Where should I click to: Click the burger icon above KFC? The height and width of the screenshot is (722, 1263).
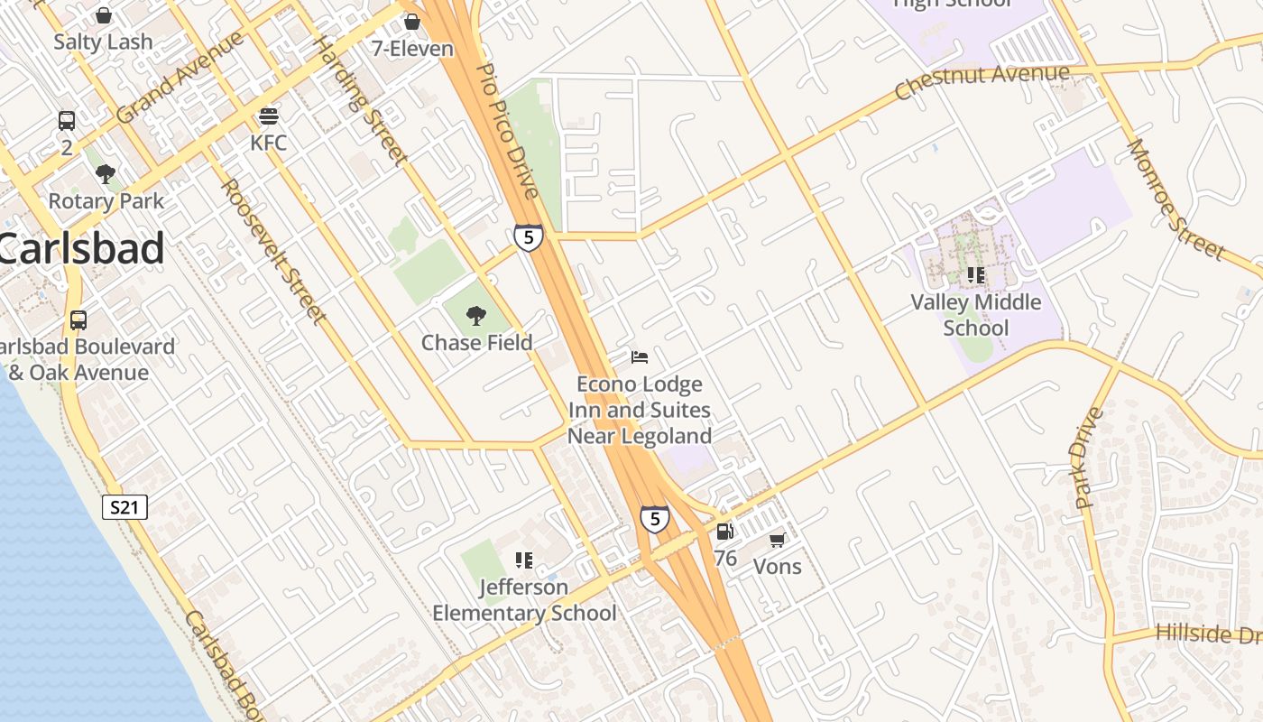click(269, 116)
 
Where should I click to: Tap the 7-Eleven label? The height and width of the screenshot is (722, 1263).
click(412, 48)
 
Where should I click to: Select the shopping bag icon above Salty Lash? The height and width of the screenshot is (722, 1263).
click(104, 15)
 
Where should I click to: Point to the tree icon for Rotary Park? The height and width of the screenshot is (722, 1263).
click(106, 174)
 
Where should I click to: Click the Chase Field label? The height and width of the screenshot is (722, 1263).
click(477, 343)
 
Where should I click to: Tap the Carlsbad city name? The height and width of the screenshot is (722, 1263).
click(81, 248)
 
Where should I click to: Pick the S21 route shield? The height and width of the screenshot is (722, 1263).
click(124, 507)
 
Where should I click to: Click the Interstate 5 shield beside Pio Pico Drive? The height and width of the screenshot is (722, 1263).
click(529, 237)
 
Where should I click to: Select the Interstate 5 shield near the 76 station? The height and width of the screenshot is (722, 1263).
click(655, 519)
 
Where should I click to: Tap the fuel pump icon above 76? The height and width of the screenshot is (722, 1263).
click(724, 532)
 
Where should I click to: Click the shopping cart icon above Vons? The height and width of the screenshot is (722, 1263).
click(777, 540)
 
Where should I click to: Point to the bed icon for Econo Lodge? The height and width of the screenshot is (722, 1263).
click(640, 357)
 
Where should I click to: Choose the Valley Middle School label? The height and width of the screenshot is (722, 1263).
click(976, 315)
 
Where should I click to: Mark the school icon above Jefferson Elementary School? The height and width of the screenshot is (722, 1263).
click(524, 560)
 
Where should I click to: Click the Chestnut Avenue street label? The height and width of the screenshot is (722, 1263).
click(982, 80)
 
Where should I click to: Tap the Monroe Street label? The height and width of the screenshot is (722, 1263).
click(1175, 199)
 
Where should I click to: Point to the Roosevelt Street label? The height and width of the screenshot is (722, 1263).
click(273, 250)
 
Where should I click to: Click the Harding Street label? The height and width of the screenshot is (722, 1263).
click(360, 101)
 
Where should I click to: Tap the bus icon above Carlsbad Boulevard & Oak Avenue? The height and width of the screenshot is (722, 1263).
click(78, 319)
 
